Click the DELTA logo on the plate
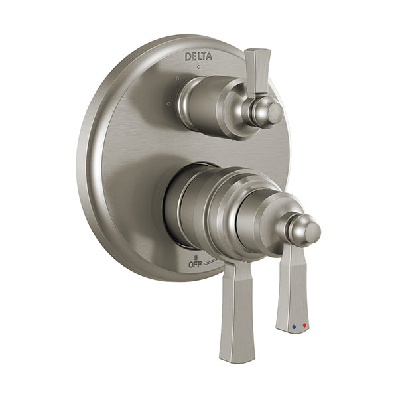click(x=198, y=56)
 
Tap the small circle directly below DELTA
click(x=199, y=67)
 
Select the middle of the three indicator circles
click(x=178, y=78)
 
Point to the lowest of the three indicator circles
click(x=168, y=103)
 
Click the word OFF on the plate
click(x=195, y=265)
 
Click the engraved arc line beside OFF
click(x=210, y=261)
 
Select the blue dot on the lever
click(x=294, y=326)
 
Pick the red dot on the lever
click(x=304, y=326)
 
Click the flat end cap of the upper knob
click(x=276, y=113)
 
